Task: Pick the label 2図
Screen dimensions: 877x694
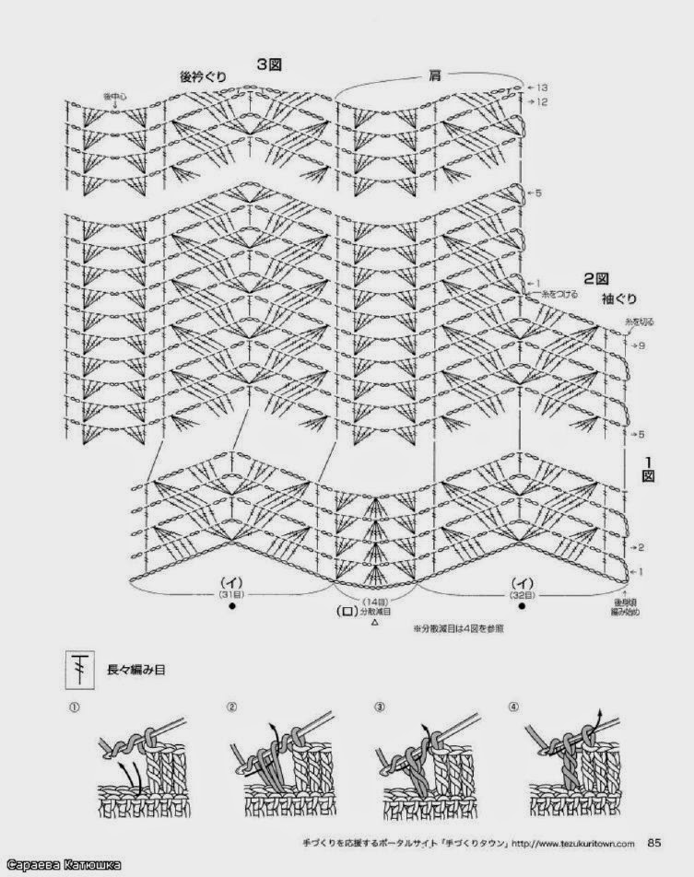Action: [x=594, y=276]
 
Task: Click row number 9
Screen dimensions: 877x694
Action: [x=639, y=345]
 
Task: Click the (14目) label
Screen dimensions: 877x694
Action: [x=374, y=600]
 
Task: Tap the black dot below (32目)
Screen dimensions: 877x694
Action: [x=521, y=608]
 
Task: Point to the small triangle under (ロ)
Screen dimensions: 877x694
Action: [x=374, y=624]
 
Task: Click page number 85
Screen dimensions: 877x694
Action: [x=654, y=840]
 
